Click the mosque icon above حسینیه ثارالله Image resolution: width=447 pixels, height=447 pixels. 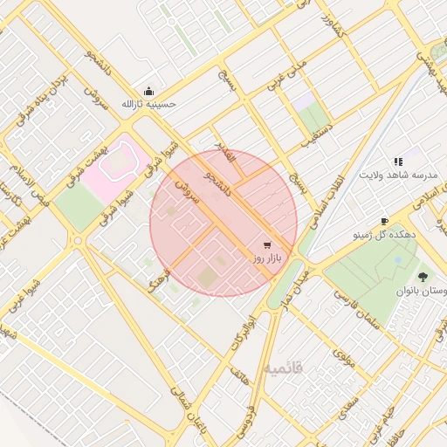[148, 92]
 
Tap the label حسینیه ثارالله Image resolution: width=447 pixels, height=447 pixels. [148, 105]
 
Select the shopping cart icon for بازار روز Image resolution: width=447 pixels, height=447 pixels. [265, 245]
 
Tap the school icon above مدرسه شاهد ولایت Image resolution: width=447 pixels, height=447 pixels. [398, 162]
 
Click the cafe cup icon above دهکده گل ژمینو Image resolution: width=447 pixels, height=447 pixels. [383, 222]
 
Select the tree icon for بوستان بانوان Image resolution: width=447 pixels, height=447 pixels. [423, 275]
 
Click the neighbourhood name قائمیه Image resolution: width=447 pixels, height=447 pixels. [285, 368]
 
